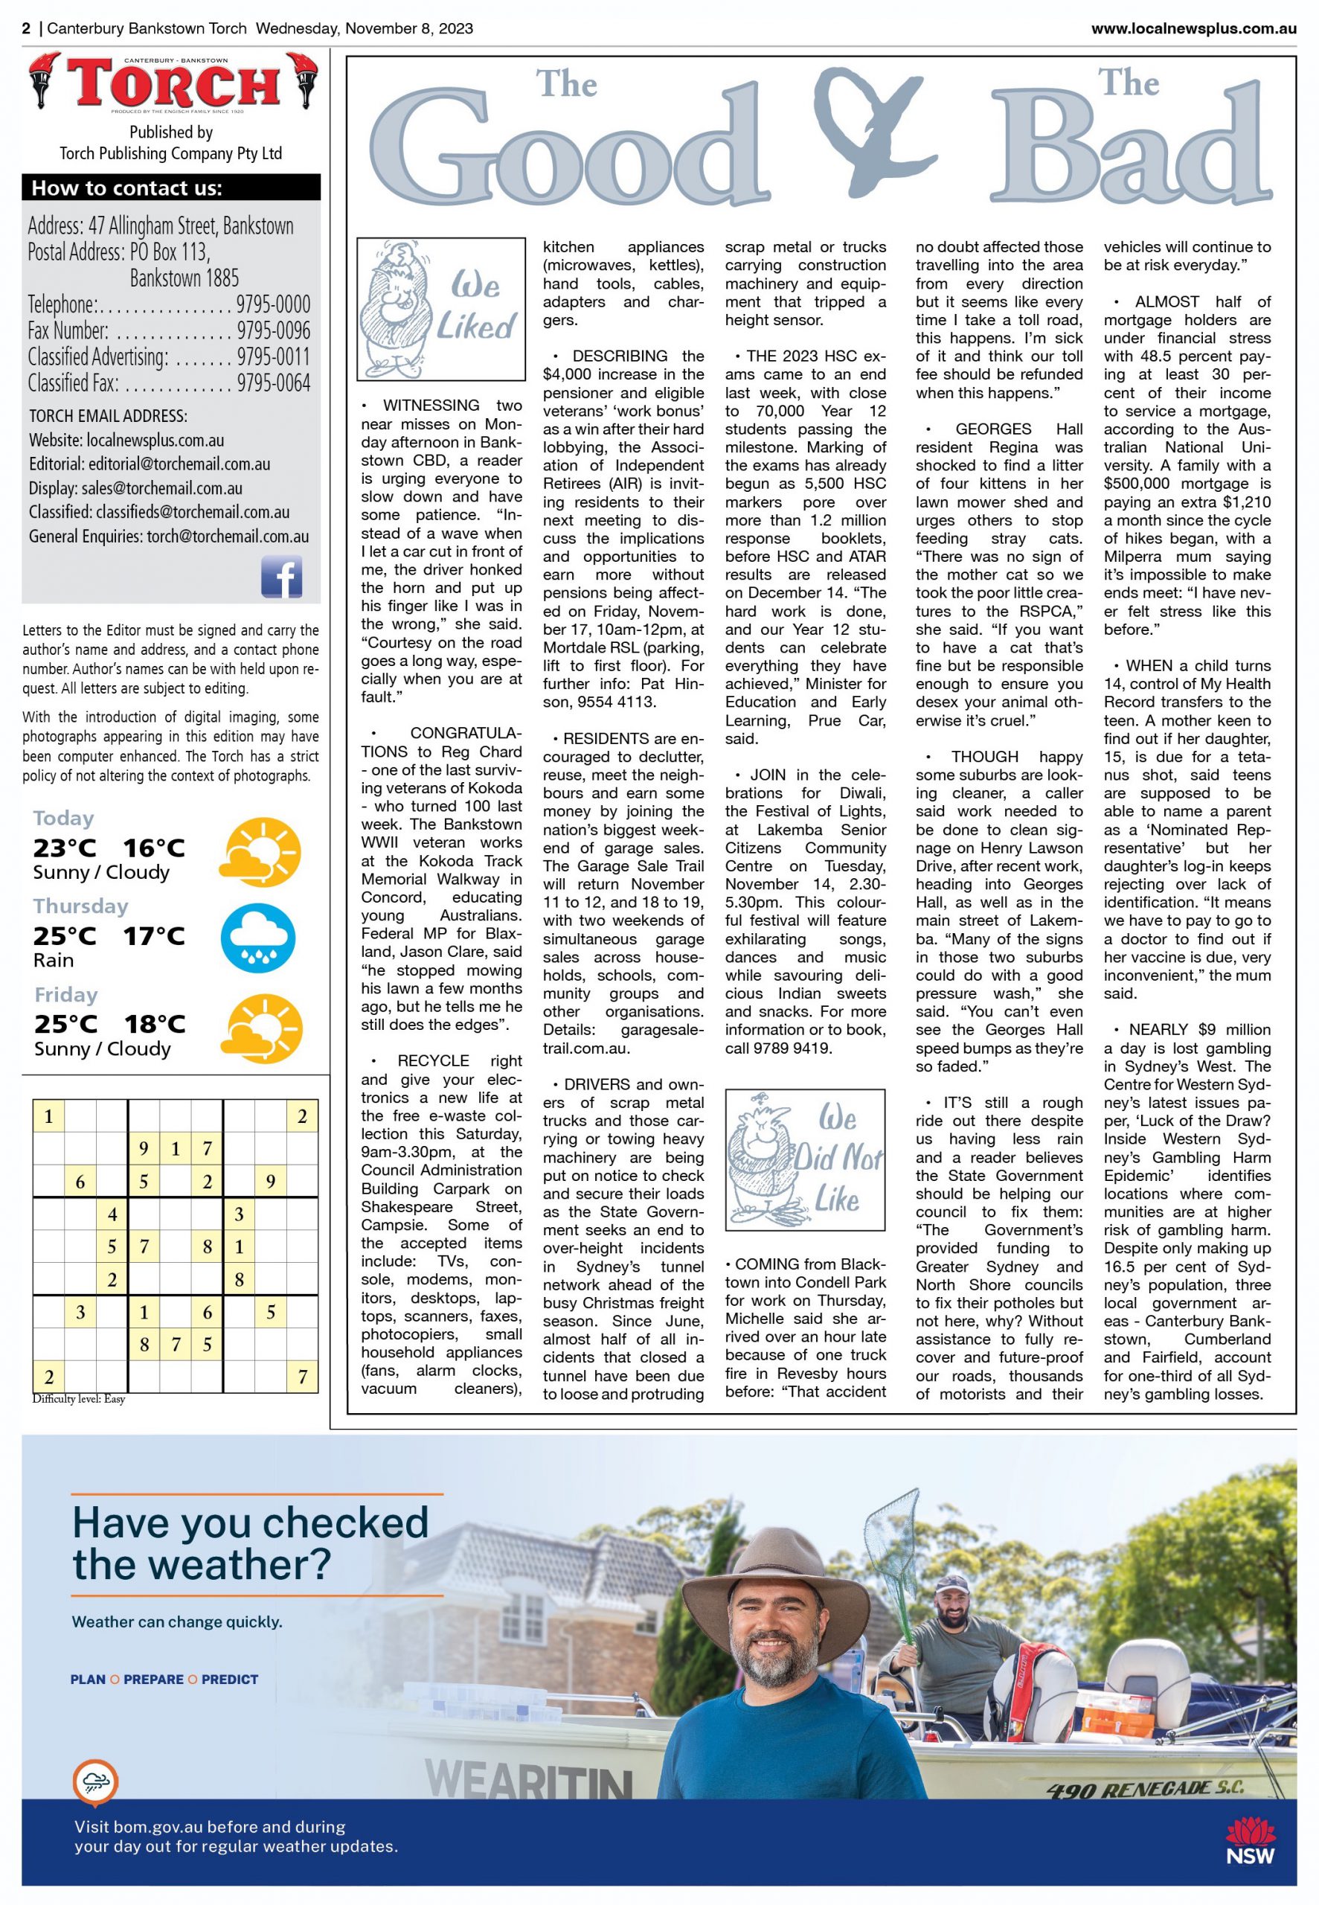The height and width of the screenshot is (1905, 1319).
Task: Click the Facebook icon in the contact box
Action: [x=281, y=576]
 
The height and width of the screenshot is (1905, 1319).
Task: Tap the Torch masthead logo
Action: [x=173, y=83]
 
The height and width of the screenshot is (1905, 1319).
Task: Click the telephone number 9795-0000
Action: [x=273, y=304]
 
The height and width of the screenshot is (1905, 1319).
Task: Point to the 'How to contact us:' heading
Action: [x=126, y=188]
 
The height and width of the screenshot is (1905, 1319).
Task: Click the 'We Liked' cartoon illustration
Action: [x=440, y=309]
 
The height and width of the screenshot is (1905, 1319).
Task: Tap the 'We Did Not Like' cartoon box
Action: [x=804, y=1159]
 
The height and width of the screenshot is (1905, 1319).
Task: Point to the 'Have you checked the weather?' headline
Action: [x=251, y=1543]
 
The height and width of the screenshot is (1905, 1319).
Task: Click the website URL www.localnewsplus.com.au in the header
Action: [x=1193, y=29]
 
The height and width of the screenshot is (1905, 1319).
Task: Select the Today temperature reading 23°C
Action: [x=65, y=848]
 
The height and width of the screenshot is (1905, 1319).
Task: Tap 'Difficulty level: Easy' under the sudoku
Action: [x=79, y=1399]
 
